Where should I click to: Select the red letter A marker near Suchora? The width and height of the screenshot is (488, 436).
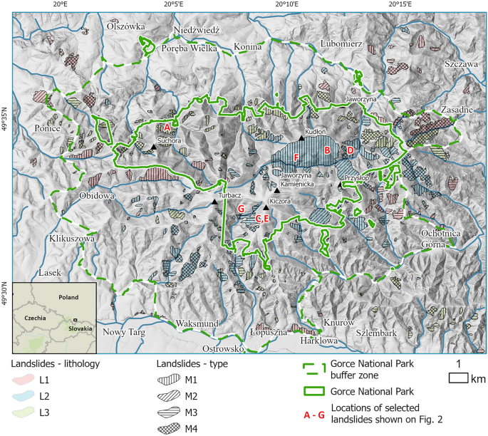(x=167, y=126)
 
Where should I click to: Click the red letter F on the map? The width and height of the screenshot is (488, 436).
(x=296, y=156)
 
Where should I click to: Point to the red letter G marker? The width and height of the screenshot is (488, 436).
(x=241, y=208)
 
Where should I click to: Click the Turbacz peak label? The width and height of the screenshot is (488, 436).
(x=230, y=194)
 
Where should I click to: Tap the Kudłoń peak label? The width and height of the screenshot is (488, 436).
(x=315, y=132)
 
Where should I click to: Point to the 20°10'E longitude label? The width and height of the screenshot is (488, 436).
(x=285, y=5)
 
